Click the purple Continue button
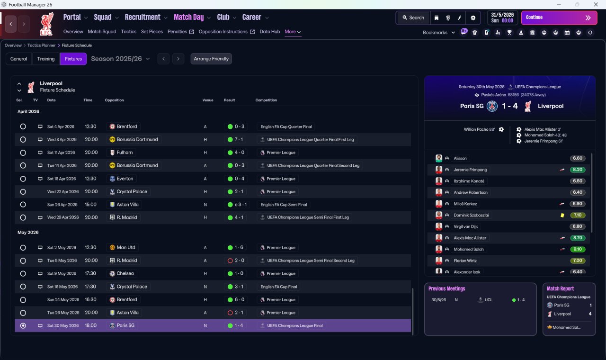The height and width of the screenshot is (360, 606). point(559,18)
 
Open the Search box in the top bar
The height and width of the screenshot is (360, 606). point(413,18)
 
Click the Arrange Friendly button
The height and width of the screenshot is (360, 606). point(211,59)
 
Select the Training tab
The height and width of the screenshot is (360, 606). point(46,59)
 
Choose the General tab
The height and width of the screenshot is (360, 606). point(18,59)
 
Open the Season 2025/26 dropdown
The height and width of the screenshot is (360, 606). point(120,59)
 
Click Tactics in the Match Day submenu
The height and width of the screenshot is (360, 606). point(128,32)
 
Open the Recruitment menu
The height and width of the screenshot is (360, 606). point(143,18)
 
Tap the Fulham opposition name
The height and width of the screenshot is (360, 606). point(125,153)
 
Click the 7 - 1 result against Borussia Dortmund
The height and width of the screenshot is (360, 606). point(239,139)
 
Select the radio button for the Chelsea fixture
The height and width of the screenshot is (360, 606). point(23,274)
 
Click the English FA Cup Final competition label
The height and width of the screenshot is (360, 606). point(279,287)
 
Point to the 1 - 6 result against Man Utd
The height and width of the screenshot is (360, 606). point(239,247)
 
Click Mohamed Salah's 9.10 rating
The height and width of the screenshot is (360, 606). point(577,249)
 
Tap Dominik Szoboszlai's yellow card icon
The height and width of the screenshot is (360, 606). point(562,215)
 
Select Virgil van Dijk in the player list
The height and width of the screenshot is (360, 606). point(465,226)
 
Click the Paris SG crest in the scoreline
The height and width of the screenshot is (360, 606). point(492,106)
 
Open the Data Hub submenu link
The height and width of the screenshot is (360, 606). point(270,32)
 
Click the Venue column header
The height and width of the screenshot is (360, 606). point(208,100)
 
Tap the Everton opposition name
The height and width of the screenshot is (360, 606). point(125,179)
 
